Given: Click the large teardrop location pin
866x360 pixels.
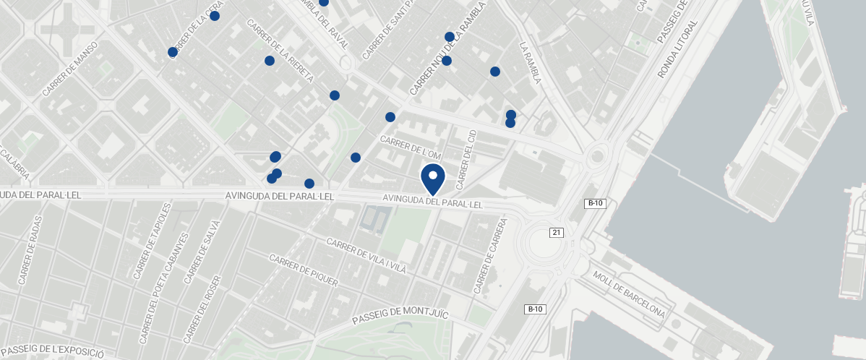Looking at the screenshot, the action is coord(433,178).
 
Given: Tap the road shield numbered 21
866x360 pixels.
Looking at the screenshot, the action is coord(556,232).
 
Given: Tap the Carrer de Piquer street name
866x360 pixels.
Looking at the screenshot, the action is coord(303,270).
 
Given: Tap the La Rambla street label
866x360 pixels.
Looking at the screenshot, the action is coord(530,62).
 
